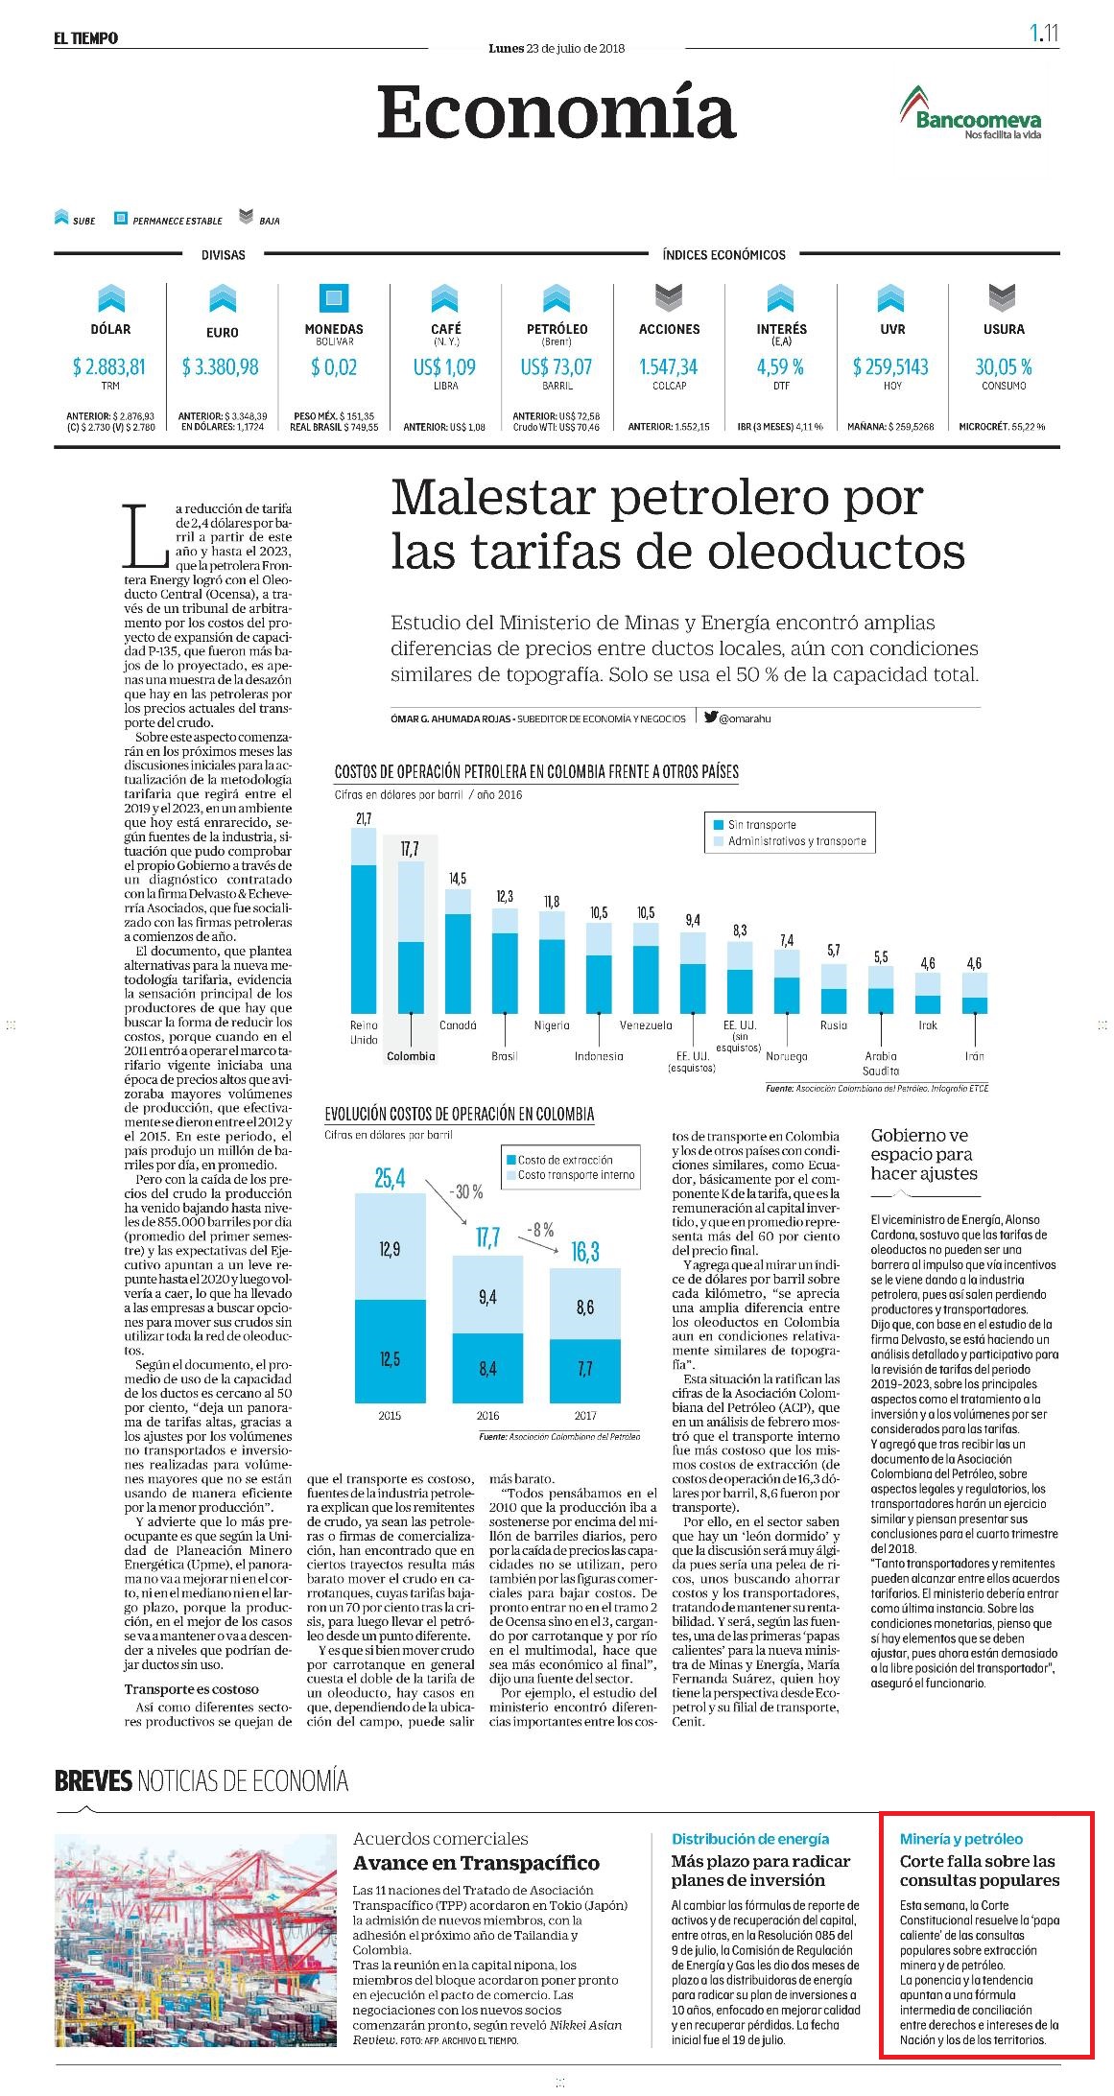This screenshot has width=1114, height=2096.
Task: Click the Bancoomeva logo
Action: [x=970, y=113]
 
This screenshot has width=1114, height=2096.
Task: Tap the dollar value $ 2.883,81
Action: [x=109, y=367]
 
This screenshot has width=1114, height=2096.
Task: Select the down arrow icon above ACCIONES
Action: [x=669, y=298]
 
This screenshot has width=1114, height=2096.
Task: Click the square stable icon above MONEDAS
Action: [x=334, y=298]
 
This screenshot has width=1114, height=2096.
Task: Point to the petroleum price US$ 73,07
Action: [x=557, y=367]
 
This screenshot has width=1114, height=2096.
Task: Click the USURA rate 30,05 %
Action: [x=1004, y=367]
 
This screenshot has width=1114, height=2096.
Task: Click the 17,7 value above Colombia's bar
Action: [x=410, y=850]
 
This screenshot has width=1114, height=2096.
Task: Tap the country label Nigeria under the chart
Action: [x=552, y=1025]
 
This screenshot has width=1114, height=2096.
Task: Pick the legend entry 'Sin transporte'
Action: [x=761, y=825]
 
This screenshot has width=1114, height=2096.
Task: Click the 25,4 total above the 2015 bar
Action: [x=390, y=1178]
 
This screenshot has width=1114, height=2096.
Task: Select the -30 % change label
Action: [x=466, y=1192]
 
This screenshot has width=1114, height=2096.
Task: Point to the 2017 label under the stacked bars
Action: [x=585, y=1416]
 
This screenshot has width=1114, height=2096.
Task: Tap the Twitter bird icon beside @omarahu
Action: [x=711, y=718]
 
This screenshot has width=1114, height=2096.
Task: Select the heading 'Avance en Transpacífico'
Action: [x=476, y=1863]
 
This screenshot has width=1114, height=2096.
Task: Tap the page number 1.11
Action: [x=1044, y=34]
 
